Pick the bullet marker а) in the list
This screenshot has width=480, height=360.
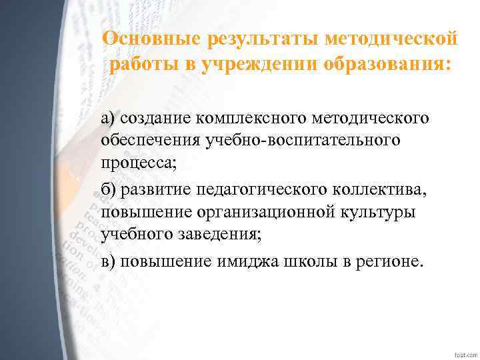(x=109, y=118)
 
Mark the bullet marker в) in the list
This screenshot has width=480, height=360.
(x=109, y=261)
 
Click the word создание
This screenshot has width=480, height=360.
(x=155, y=118)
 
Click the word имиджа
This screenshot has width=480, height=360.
(x=236, y=261)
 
